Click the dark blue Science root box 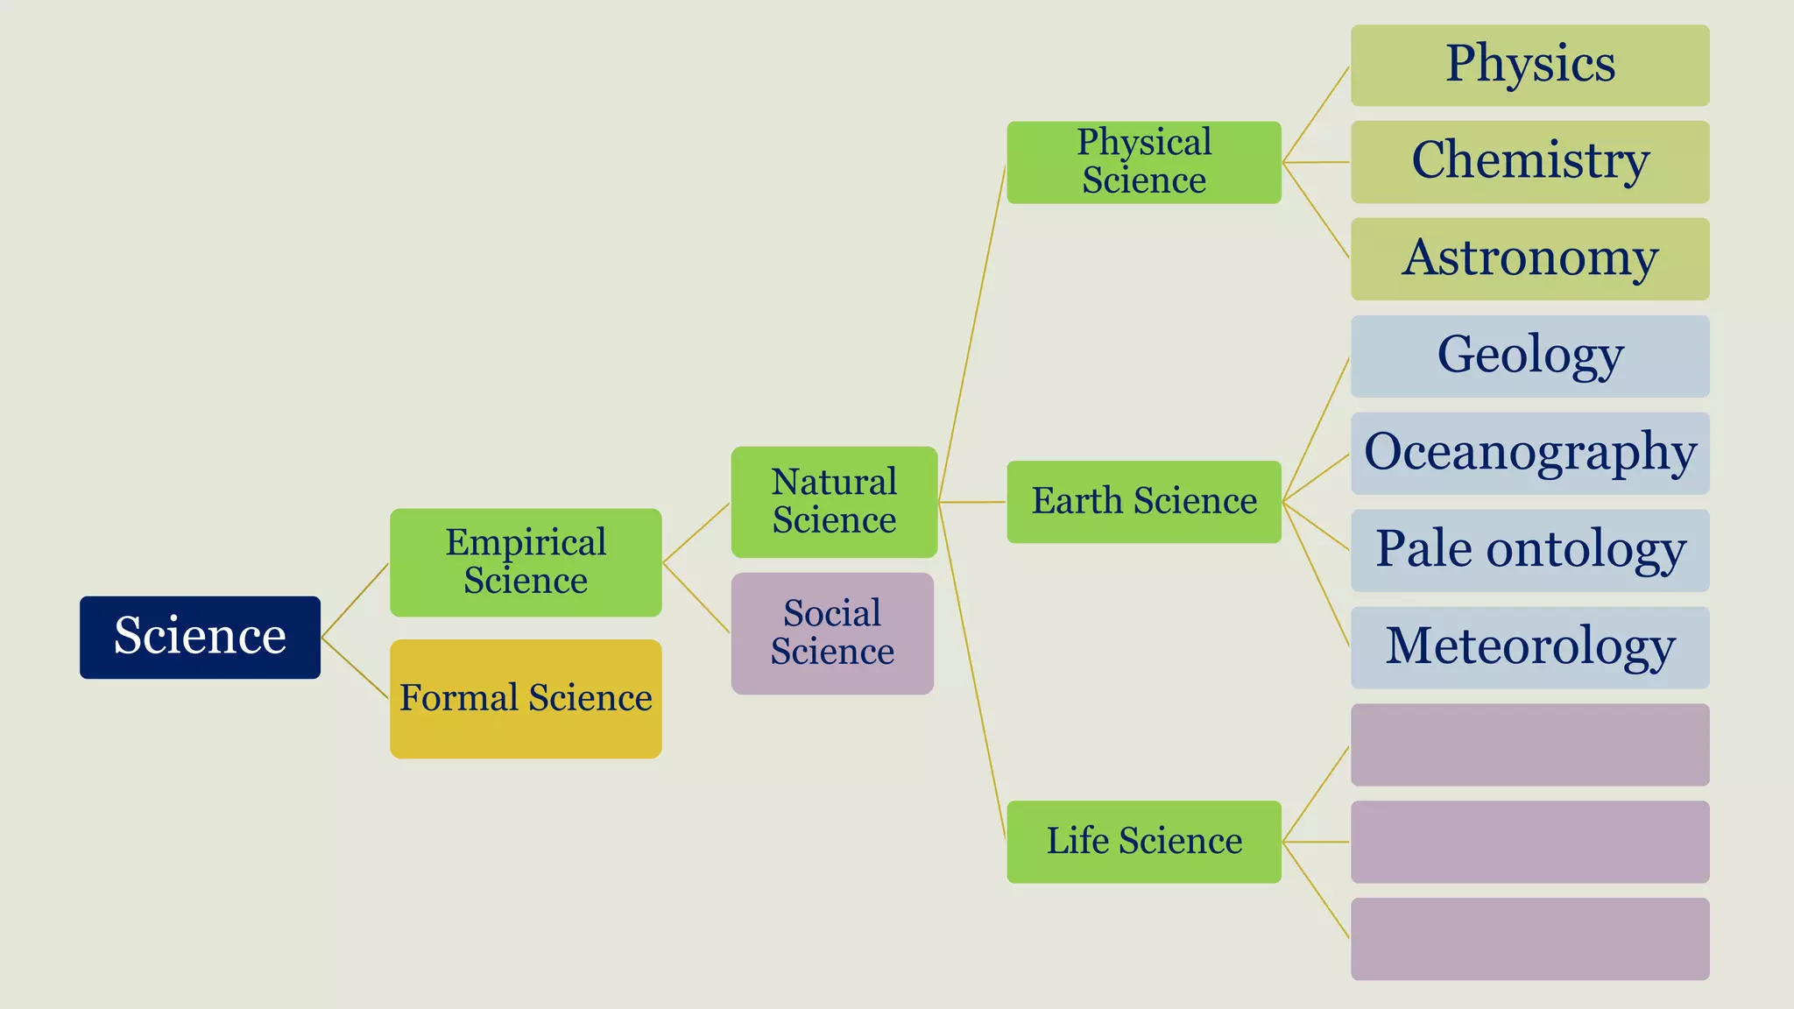click(200, 637)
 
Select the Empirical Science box click(526, 562)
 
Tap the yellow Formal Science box click(526, 698)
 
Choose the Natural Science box click(834, 502)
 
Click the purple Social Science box click(832, 633)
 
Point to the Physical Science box click(1144, 162)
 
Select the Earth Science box click(1144, 502)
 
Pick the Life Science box click(1144, 841)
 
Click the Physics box click(1529, 65)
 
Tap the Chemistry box click(1529, 162)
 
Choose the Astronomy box click(1529, 259)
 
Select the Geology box click(1529, 356)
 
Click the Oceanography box click(1529, 453)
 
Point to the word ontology click(1586, 550)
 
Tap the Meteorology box click(1529, 647)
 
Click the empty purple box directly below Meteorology click(1529, 744)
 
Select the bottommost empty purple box click(1529, 938)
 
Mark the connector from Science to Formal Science click(355, 668)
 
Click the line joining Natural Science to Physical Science click(972, 333)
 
